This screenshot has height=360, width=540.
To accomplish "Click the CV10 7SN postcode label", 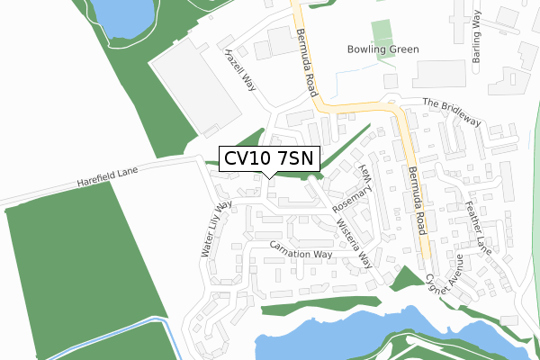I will click(x=269, y=158).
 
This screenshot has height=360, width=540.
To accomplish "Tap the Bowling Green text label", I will click(x=382, y=49).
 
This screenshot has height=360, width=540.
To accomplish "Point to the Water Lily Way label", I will click(x=216, y=229).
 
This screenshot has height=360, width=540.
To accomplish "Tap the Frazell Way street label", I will click(x=241, y=68).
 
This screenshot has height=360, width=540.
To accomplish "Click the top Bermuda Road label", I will click(x=309, y=51).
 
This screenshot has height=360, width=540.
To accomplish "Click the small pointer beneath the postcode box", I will click(x=269, y=175).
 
